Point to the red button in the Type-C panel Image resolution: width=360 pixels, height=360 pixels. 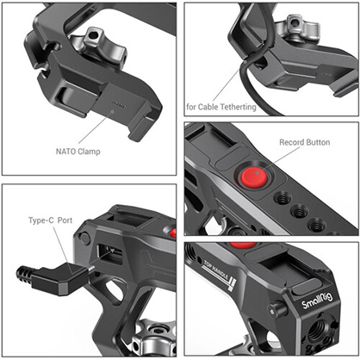coord(172,233)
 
